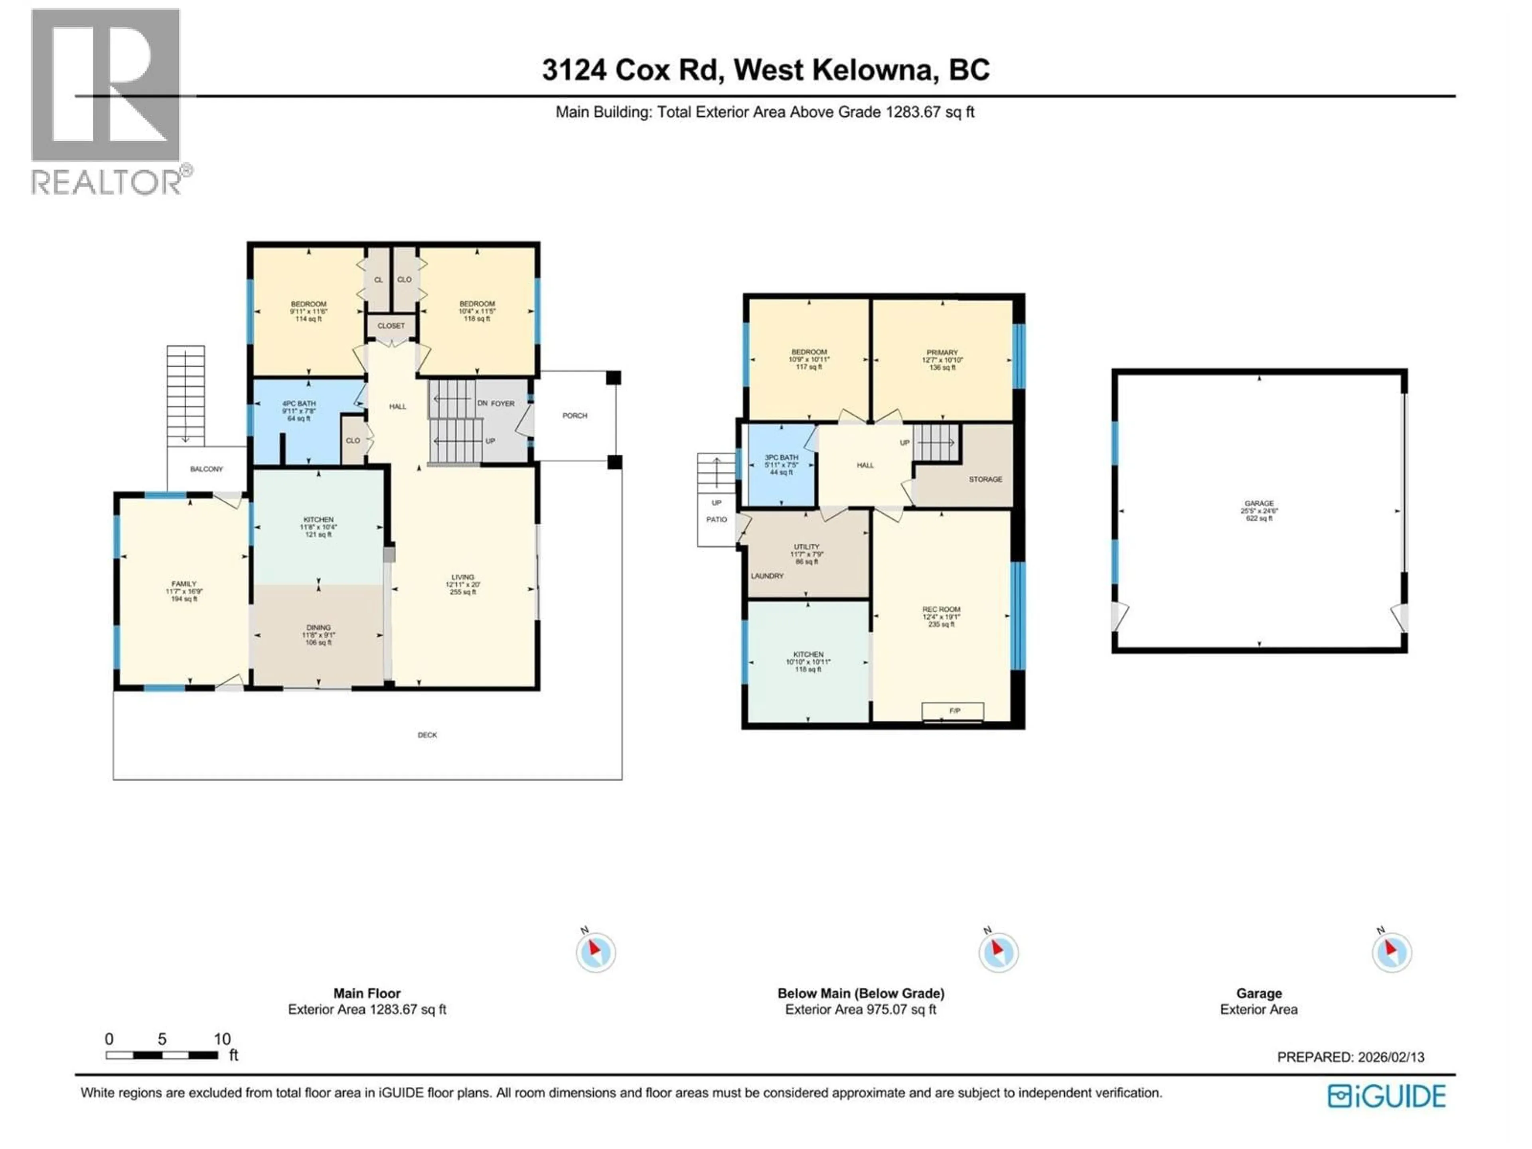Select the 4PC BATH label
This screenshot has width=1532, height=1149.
(x=298, y=404)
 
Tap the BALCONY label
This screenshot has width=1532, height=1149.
(x=206, y=469)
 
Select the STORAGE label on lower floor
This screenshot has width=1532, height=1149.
(x=985, y=479)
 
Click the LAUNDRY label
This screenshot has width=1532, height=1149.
(x=767, y=576)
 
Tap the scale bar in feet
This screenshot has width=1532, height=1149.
(x=162, y=1055)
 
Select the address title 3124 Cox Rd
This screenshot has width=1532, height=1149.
(x=765, y=70)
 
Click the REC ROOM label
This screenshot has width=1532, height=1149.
(x=940, y=610)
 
